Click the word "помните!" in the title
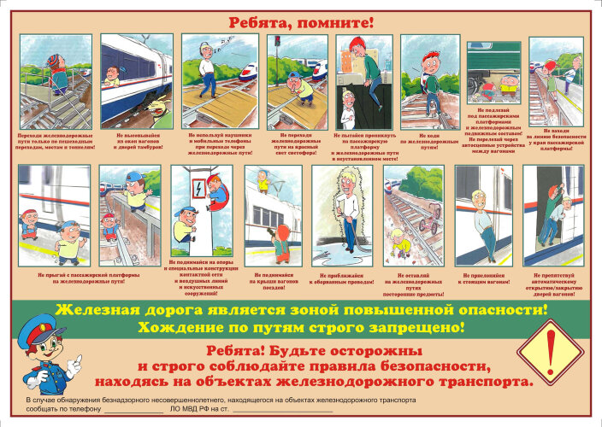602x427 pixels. pyautogui.click(x=334, y=20)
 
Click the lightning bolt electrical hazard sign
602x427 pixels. pyautogui.click(x=197, y=184)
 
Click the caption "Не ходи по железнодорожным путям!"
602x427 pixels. pyautogui.click(x=429, y=141)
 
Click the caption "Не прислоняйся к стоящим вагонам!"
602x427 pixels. pyautogui.click(x=484, y=278)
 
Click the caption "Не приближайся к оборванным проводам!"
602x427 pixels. pyautogui.click(x=341, y=278)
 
